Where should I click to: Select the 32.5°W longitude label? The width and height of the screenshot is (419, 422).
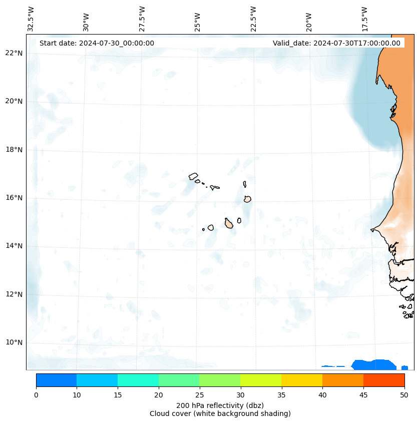click(31, 19)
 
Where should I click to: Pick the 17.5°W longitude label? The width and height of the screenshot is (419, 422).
click(364, 19)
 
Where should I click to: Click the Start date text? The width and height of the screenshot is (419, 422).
click(97, 43)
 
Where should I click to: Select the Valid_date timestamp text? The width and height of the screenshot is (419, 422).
click(336, 43)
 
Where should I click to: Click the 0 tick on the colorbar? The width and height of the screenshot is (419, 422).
click(36, 395)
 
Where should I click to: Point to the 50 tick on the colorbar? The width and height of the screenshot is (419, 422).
click(404, 395)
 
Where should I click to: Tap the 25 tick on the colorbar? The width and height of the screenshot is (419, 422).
click(199, 395)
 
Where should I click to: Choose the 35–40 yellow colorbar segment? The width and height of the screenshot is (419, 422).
click(301, 380)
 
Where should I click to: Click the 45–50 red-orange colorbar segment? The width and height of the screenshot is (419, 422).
click(383, 380)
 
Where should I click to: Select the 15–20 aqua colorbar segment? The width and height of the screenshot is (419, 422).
click(138, 380)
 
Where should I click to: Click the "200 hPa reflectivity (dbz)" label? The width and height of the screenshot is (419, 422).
click(220, 405)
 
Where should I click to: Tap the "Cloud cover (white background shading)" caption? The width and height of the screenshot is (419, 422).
click(220, 413)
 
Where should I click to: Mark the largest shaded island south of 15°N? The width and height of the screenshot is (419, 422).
click(229, 223)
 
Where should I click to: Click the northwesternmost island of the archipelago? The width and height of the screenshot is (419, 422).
click(193, 176)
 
